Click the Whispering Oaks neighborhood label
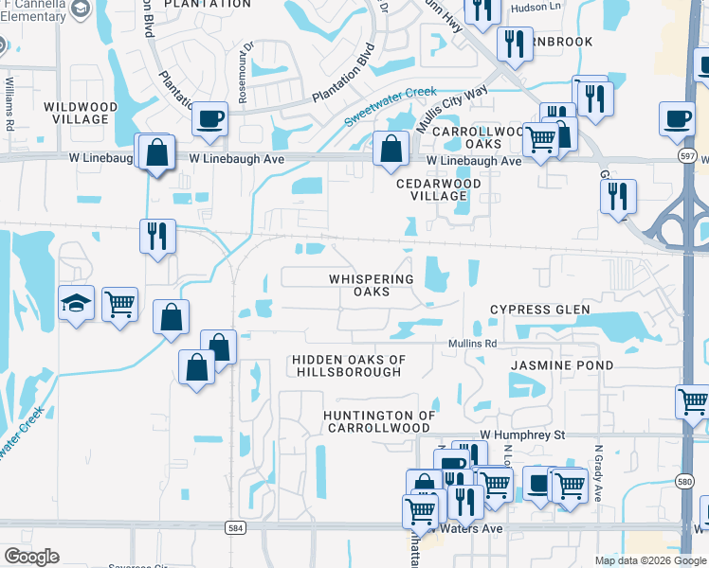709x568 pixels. pyautogui.click(x=372, y=285)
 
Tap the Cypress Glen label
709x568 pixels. pyautogui.click(x=539, y=310)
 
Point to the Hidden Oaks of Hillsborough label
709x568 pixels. pyautogui.click(x=348, y=365)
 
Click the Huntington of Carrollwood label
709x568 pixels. pyautogui.click(x=379, y=421)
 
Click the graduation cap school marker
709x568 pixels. pyautogui.click(x=75, y=302)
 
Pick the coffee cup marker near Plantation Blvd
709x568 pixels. pyautogui.click(x=209, y=119)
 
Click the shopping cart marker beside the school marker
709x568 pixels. pyautogui.click(x=119, y=305)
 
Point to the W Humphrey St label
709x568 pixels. pyautogui.click(x=521, y=435)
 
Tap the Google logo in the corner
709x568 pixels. pyautogui.click(x=31, y=557)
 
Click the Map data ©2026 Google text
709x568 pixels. pyautogui.click(x=650, y=560)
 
